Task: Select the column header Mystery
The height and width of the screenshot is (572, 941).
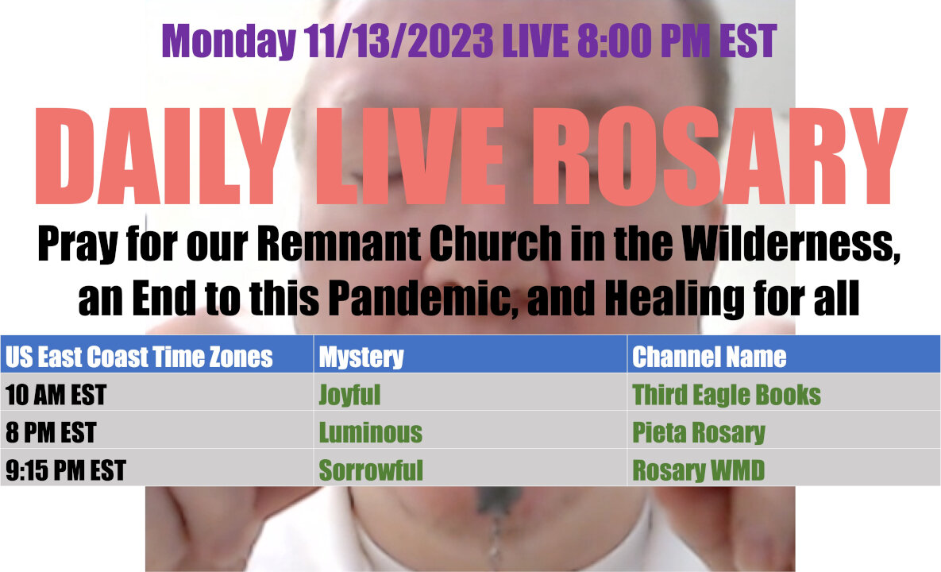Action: [361, 357]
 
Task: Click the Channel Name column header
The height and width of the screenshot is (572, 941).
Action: [709, 357]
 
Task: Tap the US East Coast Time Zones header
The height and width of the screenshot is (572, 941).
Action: [139, 357]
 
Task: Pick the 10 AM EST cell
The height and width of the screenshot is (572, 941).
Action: [56, 395]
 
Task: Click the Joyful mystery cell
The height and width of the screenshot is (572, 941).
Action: [349, 395]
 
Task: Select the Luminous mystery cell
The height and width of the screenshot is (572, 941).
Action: [370, 433]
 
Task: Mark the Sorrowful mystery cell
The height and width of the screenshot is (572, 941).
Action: [371, 470]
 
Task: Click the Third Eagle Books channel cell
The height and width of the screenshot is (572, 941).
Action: [727, 395]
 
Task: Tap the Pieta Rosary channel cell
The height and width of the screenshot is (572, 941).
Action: [699, 433]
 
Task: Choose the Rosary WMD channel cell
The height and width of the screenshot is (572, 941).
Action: [699, 470]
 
